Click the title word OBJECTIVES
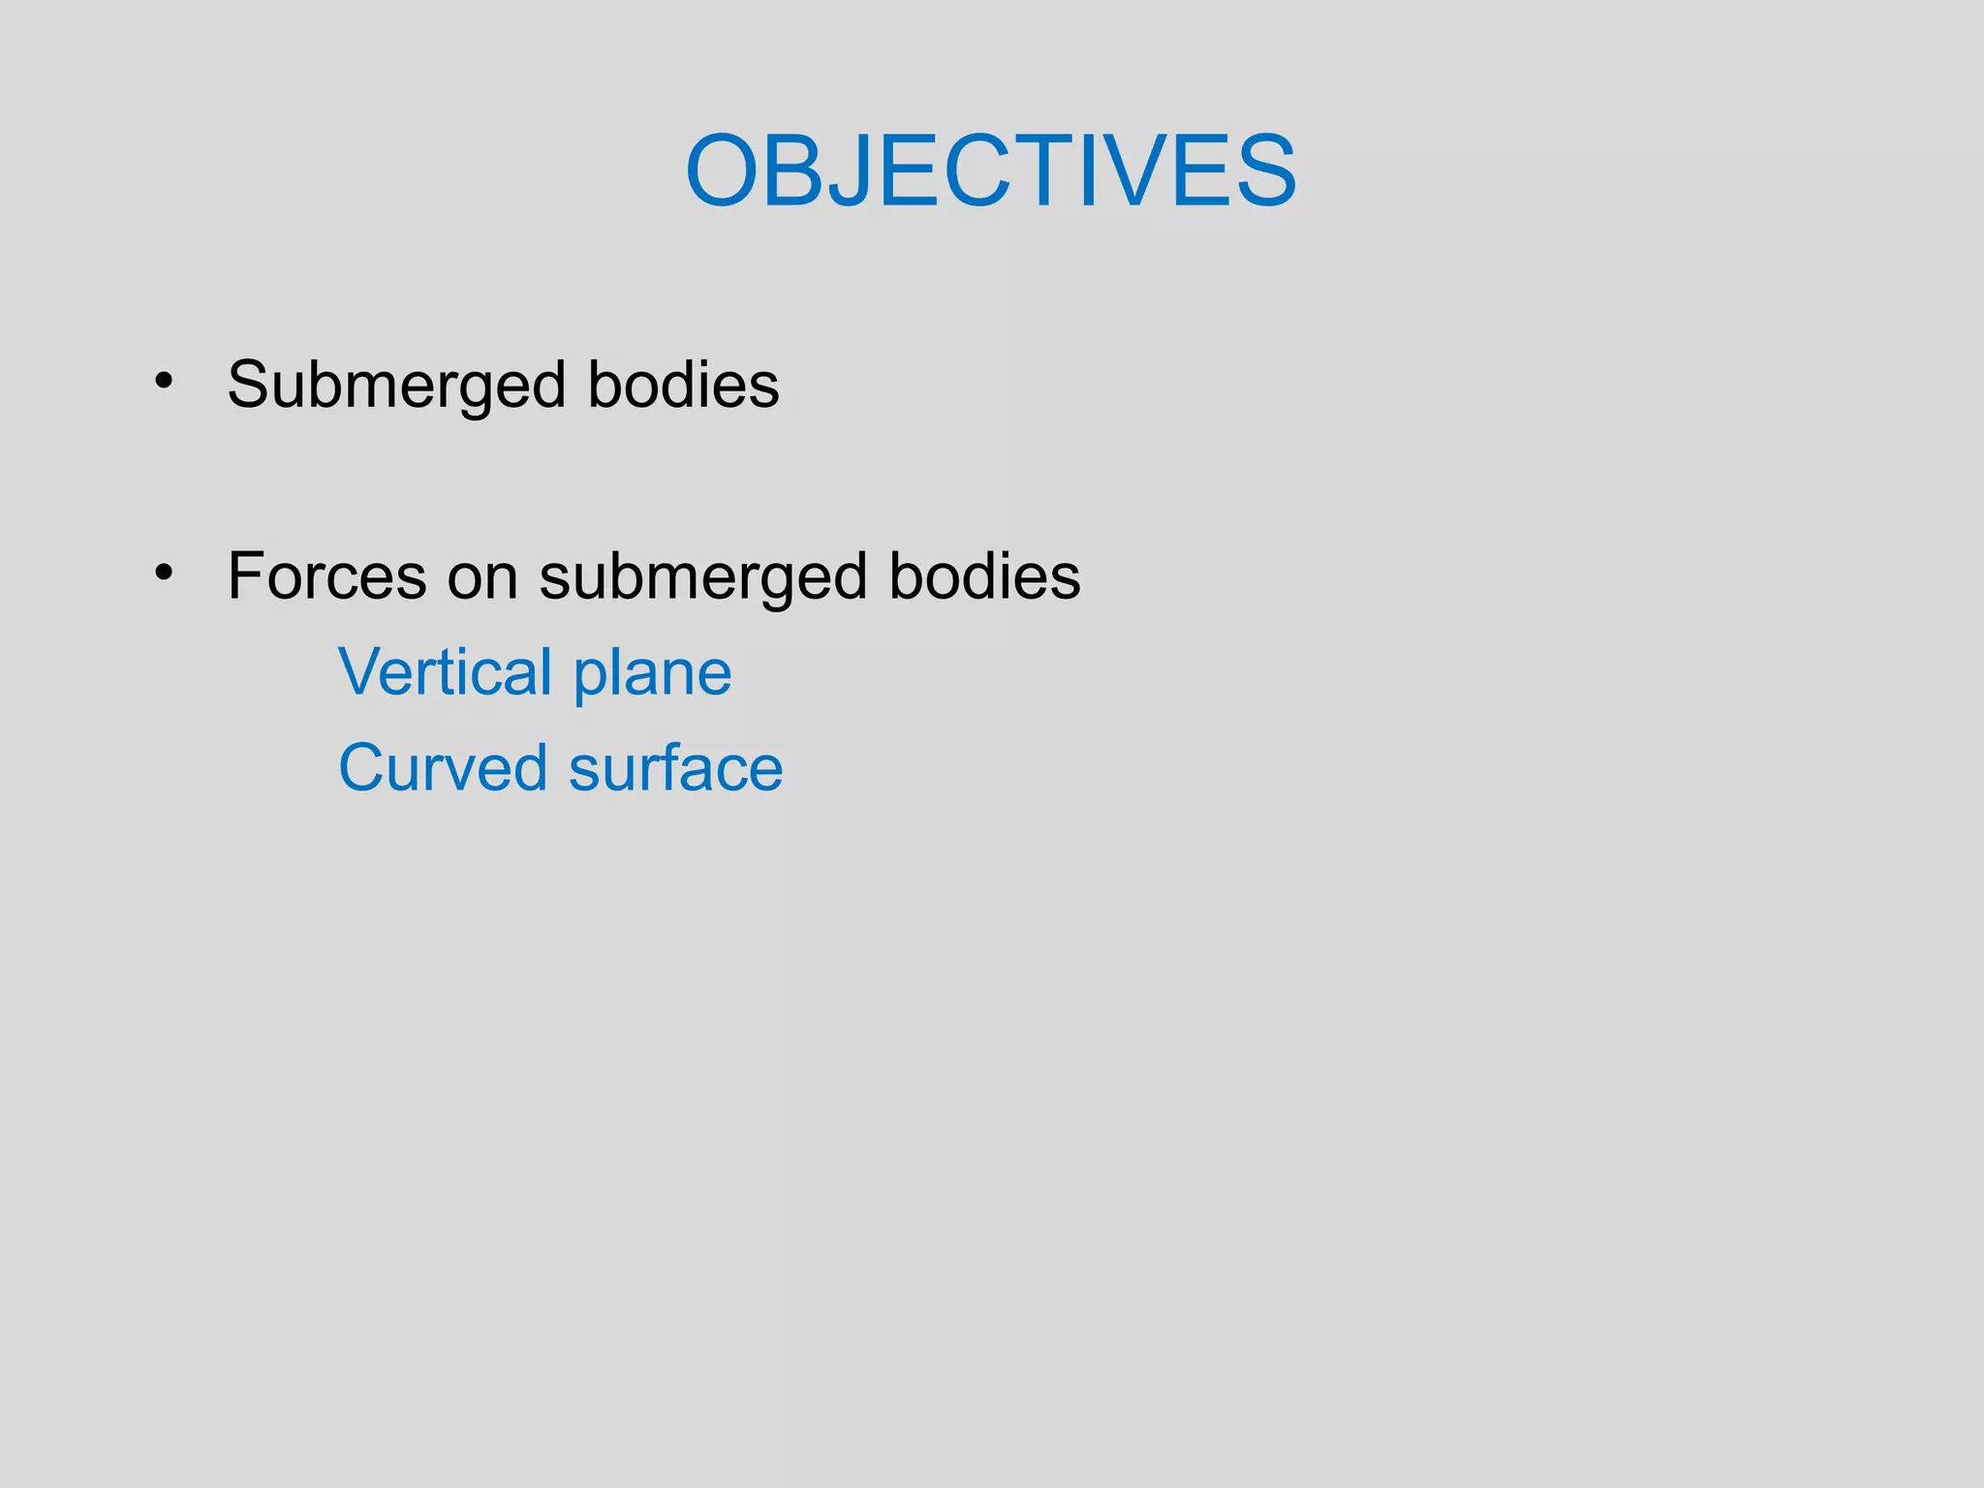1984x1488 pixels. [990, 172]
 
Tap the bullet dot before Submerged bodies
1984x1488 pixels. [164, 381]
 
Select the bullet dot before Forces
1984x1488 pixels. [164, 573]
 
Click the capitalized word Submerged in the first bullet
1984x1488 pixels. [396, 386]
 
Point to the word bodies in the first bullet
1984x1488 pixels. [683, 384]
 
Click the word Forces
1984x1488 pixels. [326, 575]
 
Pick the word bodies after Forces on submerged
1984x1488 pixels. [984, 575]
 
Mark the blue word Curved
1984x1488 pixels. [443, 767]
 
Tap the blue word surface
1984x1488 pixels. [675, 767]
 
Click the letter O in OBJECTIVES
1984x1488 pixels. [727, 172]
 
